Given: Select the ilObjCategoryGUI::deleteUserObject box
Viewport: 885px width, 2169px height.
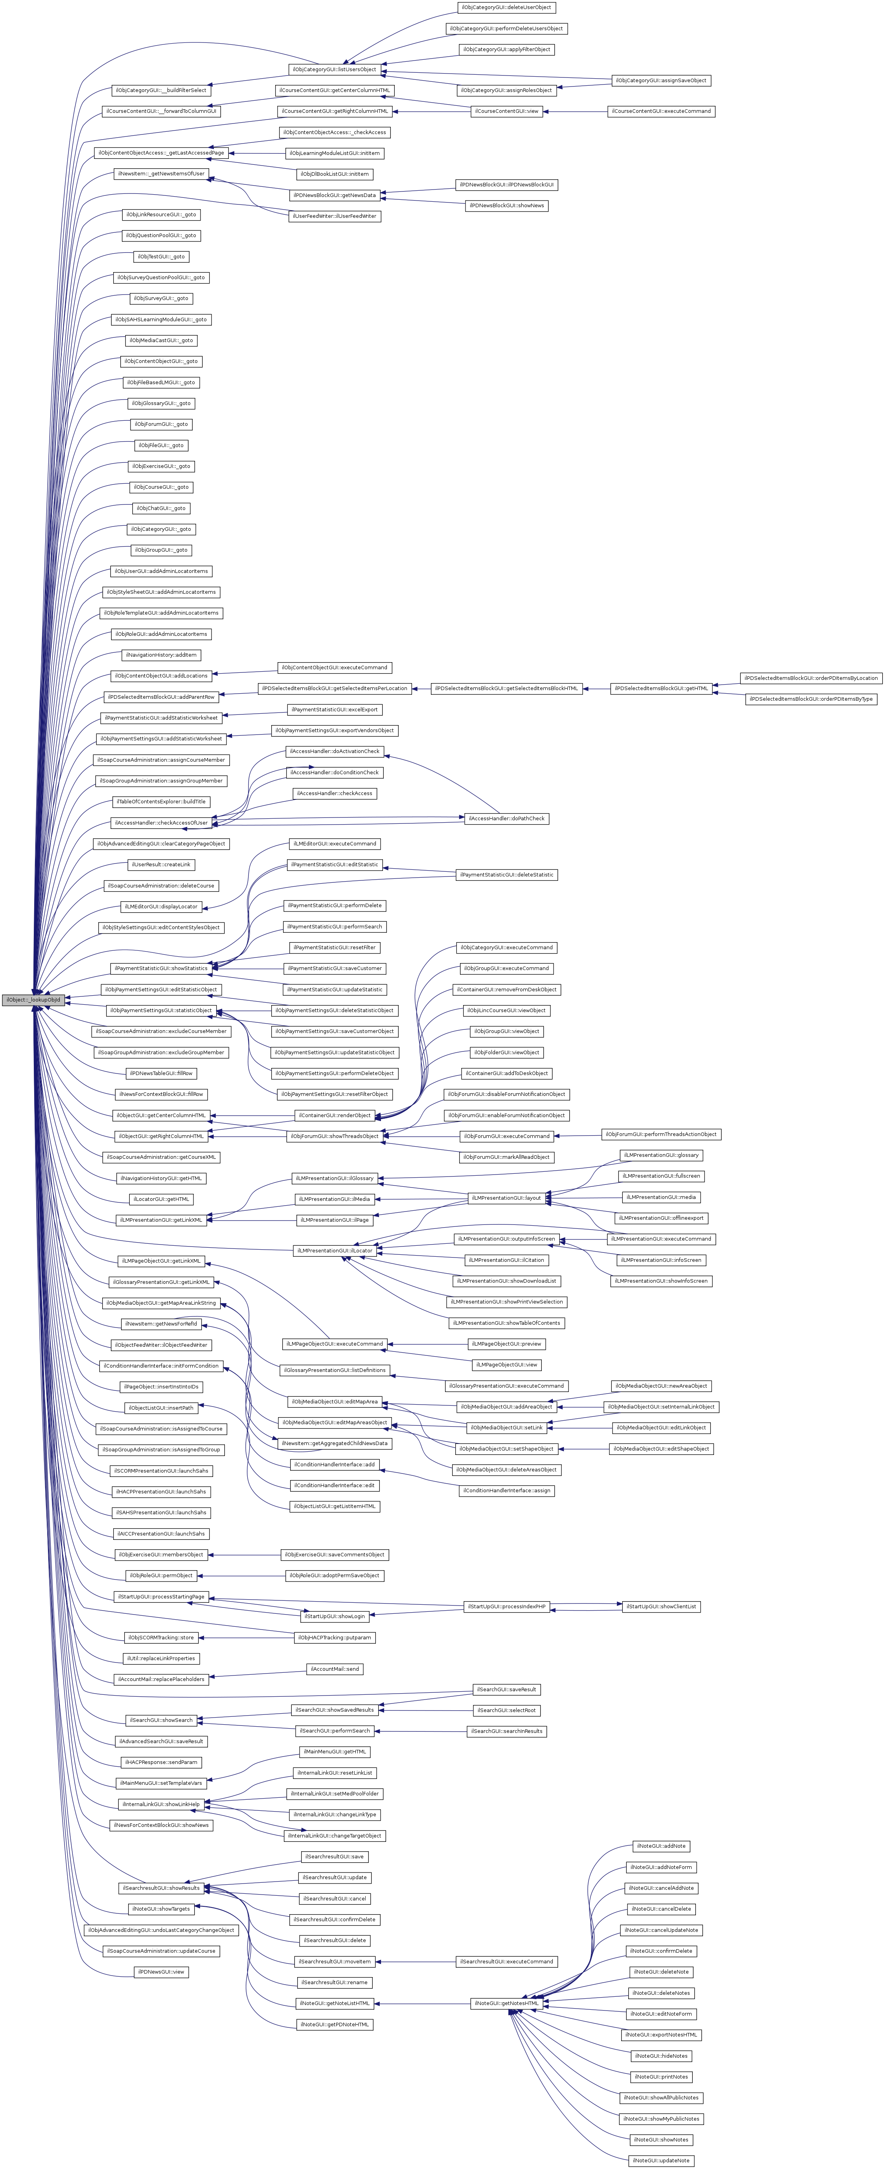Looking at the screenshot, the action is [x=506, y=7].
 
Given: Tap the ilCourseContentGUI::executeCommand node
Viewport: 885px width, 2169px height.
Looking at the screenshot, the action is [x=661, y=111].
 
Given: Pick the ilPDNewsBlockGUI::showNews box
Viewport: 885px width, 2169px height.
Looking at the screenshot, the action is [x=506, y=205].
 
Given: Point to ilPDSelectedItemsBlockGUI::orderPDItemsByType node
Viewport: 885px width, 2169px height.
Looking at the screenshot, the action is [x=810, y=699].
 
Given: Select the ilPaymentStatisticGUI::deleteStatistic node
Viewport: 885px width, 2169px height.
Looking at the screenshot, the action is [x=506, y=875].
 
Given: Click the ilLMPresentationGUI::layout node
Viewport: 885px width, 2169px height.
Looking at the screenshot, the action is [x=506, y=1197].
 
